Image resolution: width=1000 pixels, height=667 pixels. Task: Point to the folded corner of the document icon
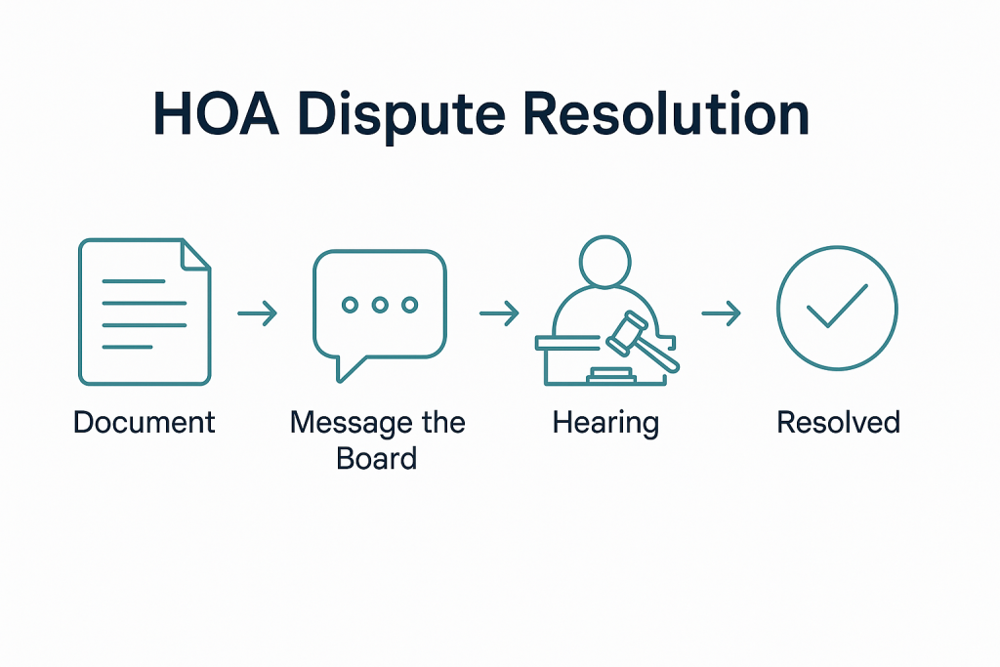point(196,254)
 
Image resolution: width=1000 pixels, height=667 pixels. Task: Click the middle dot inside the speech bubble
point(380,306)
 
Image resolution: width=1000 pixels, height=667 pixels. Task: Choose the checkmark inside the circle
point(837,307)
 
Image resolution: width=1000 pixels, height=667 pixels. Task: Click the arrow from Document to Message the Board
point(258,313)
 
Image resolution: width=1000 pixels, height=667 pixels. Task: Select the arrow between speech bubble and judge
point(499,313)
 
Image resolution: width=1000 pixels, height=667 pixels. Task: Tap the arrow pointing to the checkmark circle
point(722,313)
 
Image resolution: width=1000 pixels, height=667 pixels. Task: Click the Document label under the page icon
point(145,423)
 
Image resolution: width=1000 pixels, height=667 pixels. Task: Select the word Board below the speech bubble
point(377,457)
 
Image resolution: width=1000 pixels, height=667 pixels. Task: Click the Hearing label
point(605,424)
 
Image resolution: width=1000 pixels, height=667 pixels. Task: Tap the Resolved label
point(838,423)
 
